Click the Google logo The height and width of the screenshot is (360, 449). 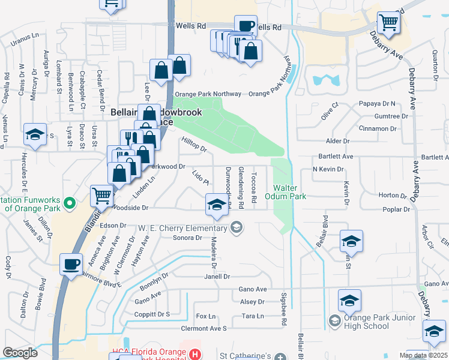(20, 353)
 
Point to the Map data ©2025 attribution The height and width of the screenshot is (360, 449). (423, 355)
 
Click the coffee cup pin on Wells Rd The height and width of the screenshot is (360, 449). (246, 26)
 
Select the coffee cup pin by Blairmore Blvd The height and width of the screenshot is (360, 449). (71, 265)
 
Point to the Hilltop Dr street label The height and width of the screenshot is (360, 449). (193, 143)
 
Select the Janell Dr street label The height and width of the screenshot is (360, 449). (218, 277)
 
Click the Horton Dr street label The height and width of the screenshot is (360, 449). (393, 195)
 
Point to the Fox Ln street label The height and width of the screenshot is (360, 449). (205, 316)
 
